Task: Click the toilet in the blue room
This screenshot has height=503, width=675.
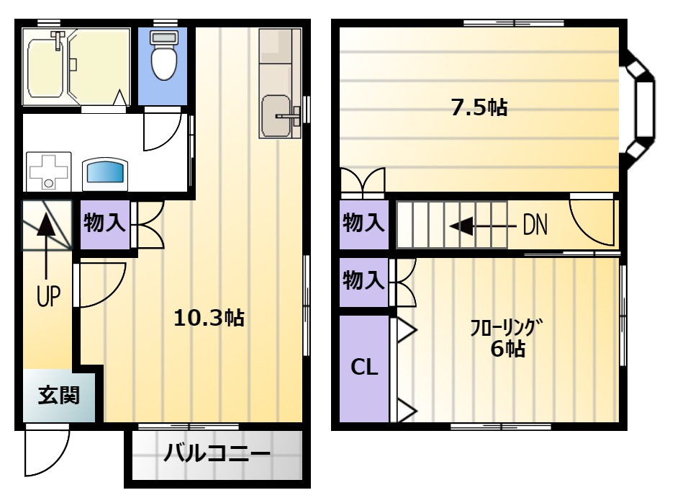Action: (x=163, y=55)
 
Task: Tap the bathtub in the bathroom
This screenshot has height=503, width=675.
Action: (x=47, y=68)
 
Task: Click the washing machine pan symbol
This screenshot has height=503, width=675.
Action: (x=48, y=171)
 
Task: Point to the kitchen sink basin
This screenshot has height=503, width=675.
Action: (x=276, y=115)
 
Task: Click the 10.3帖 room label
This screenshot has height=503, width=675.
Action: (x=209, y=318)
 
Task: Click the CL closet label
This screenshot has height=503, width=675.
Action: (x=364, y=368)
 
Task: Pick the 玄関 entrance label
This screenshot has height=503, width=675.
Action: (x=59, y=395)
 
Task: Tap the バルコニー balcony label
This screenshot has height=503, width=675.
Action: (x=217, y=453)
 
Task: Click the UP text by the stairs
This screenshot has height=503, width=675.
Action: (x=48, y=296)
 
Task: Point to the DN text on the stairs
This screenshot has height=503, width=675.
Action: (x=535, y=225)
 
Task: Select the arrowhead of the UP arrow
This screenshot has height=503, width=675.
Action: (x=45, y=225)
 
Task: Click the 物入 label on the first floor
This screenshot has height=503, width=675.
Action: (x=104, y=223)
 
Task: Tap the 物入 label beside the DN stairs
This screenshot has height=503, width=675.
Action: (x=363, y=223)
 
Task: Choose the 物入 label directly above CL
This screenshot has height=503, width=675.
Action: (x=363, y=280)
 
